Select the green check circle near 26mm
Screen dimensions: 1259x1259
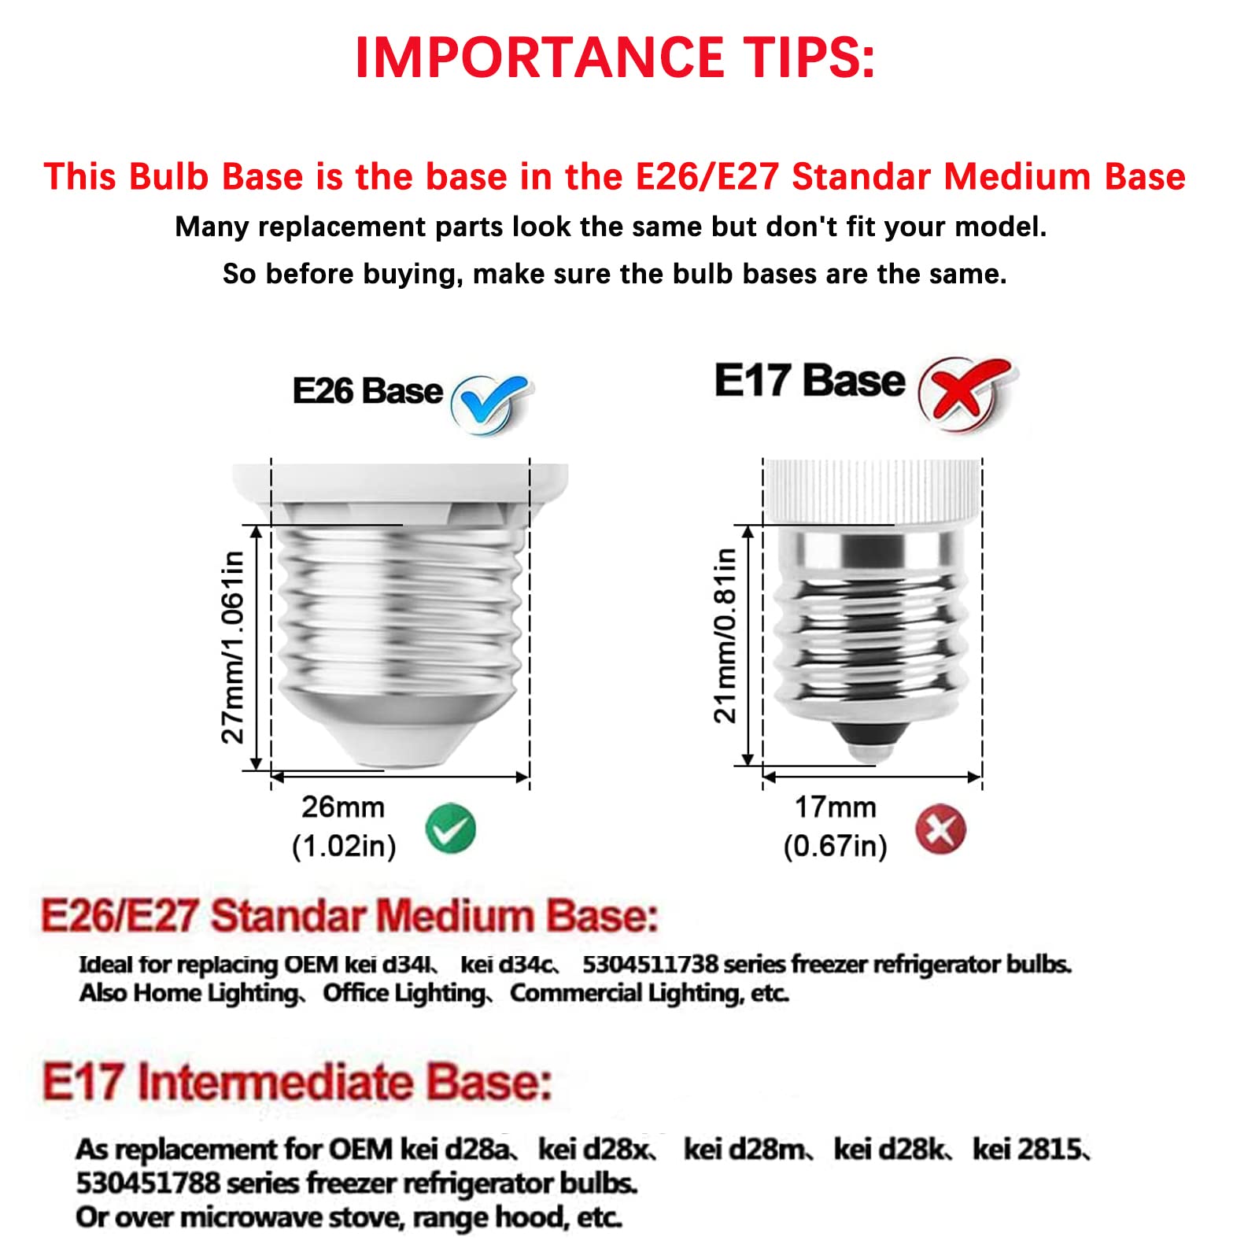(450, 829)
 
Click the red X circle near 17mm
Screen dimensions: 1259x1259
(940, 829)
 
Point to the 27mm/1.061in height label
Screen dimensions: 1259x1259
(233, 647)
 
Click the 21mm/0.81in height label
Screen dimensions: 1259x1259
(725, 635)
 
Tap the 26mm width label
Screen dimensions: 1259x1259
(343, 807)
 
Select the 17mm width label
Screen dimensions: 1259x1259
(835, 807)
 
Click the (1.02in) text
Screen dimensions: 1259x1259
(344, 846)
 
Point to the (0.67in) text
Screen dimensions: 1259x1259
(835, 846)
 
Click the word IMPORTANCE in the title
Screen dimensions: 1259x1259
(539, 57)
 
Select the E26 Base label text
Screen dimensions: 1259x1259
(367, 391)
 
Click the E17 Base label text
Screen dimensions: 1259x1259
(810, 381)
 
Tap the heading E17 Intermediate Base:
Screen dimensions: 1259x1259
(297, 1082)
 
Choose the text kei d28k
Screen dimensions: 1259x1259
(891, 1150)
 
